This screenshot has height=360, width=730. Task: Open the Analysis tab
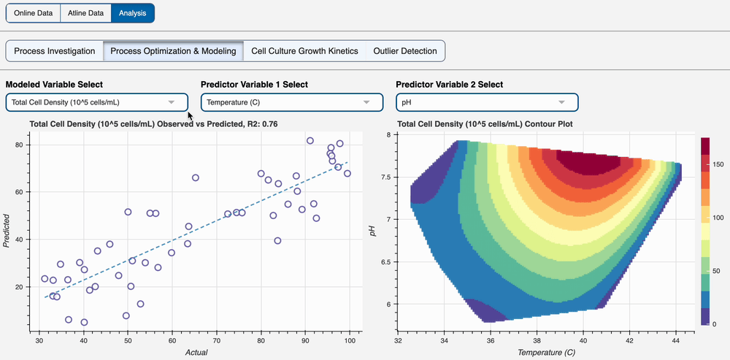[132, 12]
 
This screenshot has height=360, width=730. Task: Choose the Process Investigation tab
[55, 51]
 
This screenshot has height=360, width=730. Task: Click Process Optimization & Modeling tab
[173, 51]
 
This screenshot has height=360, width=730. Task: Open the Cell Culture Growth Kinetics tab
[304, 51]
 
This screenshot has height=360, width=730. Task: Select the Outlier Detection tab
[405, 51]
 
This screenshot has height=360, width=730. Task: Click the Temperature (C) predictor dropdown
[291, 102]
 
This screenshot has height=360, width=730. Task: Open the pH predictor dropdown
[486, 102]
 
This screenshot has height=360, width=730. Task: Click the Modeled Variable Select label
[55, 85]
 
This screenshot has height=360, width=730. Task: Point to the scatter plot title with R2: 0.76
[153, 124]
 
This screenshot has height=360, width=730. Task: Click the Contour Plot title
[485, 124]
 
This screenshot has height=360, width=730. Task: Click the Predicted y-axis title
[8, 231]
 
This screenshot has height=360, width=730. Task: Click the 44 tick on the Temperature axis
[678, 340]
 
